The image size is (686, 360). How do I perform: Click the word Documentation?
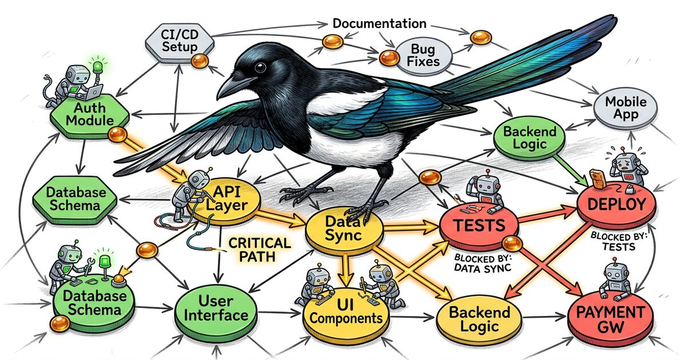pyautogui.click(x=379, y=23)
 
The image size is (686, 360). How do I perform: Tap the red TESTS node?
pyautogui.click(x=479, y=226)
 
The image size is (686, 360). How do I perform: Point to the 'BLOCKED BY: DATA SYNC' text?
pyautogui.click(x=483, y=262)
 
